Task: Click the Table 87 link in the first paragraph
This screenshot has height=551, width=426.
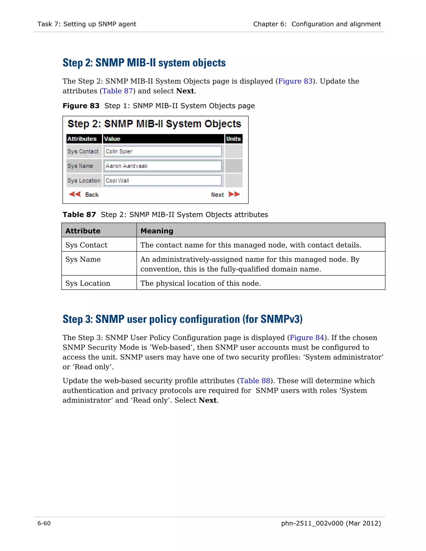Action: click(x=117, y=91)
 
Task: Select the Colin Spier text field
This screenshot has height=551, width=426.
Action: click(x=163, y=151)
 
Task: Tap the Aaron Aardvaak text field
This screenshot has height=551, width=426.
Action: click(x=163, y=166)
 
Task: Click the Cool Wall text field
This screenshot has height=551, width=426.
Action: click(x=163, y=181)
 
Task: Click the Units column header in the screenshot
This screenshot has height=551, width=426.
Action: click(x=233, y=139)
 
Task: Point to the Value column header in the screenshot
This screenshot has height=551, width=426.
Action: click(x=163, y=139)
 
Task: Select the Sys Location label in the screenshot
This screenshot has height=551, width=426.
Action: click(x=84, y=181)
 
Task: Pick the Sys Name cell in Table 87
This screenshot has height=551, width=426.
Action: click(x=83, y=259)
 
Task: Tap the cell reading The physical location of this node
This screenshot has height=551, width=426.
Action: click(x=201, y=283)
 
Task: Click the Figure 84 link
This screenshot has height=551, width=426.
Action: click(x=307, y=337)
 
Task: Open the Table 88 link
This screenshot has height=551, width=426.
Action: click(x=255, y=381)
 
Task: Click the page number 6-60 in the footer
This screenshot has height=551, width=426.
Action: click(x=44, y=523)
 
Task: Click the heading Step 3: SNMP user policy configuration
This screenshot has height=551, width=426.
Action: click(x=182, y=319)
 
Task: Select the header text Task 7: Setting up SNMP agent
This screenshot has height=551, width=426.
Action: click(x=87, y=24)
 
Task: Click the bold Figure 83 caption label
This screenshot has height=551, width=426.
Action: click(x=81, y=106)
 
